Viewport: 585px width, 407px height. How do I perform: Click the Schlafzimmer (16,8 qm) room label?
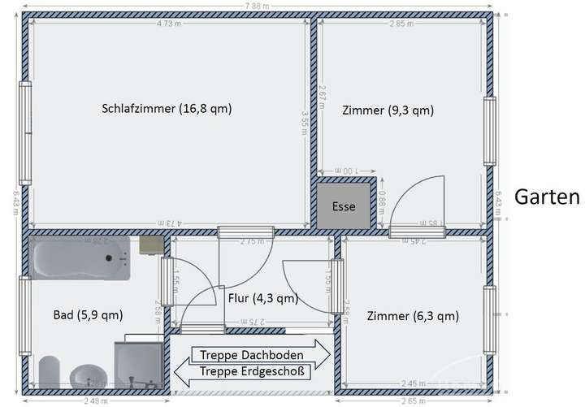pyautogui.click(x=167, y=109)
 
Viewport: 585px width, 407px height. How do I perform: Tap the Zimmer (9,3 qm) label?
pyautogui.click(x=388, y=110)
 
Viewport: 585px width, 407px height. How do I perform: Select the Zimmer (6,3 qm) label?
pyautogui.click(x=413, y=316)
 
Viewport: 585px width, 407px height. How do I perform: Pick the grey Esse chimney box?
pyautogui.click(x=344, y=206)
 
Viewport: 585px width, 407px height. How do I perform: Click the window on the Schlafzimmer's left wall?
pyautogui.click(x=25, y=133)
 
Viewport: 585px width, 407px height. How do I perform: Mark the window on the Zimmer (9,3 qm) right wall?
pyautogui.click(x=490, y=132)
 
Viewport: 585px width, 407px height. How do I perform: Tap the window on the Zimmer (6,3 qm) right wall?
pyautogui.click(x=490, y=321)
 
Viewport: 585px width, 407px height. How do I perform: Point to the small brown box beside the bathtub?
pyautogui.click(x=150, y=243)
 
